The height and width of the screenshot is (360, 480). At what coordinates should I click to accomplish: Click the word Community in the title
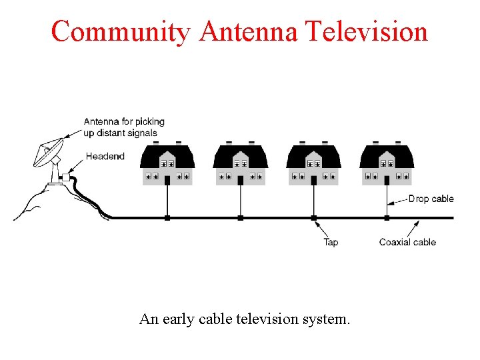click(121, 32)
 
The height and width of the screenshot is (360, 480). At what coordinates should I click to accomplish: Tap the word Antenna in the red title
click(248, 32)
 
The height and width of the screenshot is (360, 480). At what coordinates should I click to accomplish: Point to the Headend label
click(105, 157)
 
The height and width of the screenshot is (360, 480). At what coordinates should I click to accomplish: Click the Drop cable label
click(431, 199)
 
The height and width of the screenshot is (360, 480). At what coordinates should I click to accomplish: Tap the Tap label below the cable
click(331, 242)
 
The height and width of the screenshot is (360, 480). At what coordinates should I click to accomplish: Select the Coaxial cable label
click(407, 242)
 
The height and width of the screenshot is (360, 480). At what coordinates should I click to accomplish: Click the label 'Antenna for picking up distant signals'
click(124, 127)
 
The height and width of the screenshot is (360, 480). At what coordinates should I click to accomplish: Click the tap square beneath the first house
click(167, 217)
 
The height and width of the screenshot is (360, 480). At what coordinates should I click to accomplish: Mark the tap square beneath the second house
click(241, 217)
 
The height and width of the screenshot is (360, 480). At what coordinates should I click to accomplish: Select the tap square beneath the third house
click(313, 217)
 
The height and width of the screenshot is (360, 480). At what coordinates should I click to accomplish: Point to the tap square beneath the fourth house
click(387, 217)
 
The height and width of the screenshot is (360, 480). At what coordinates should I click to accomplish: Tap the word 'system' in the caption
click(323, 319)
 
